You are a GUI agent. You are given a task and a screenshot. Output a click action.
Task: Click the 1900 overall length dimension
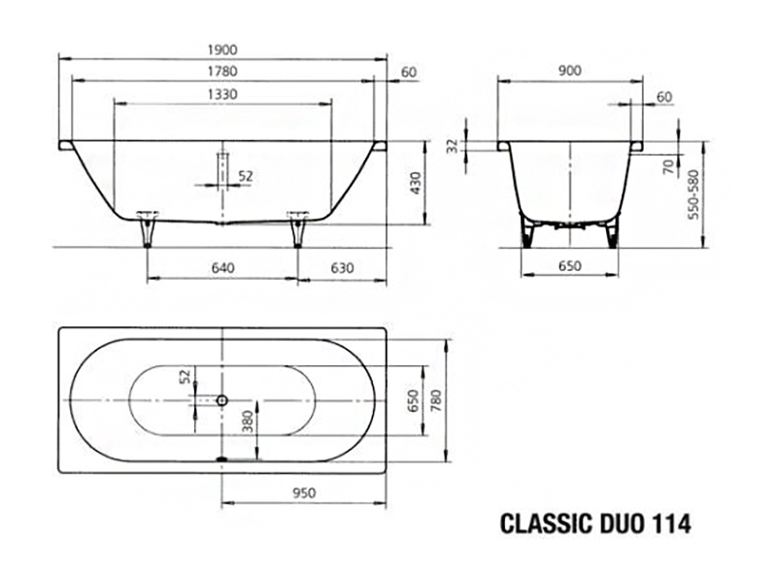click(222, 50)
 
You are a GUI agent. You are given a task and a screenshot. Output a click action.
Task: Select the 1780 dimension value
click(222, 71)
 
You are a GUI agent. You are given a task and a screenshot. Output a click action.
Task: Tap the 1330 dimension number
click(222, 94)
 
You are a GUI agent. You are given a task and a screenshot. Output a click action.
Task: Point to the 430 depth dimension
click(416, 183)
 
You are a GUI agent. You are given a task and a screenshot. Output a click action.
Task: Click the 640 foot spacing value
click(222, 268)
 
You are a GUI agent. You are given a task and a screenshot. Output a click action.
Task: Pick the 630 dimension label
click(343, 268)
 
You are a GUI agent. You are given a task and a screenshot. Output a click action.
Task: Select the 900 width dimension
click(570, 71)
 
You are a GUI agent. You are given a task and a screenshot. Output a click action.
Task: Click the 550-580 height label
click(693, 194)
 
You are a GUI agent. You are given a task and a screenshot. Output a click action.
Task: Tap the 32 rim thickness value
click(453, 147)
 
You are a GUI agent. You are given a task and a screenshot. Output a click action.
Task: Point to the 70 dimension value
click(669, 166)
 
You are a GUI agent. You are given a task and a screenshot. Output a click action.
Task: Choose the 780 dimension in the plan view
click(435, 400)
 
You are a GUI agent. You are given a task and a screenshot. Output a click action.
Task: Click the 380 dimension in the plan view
click(248, 422)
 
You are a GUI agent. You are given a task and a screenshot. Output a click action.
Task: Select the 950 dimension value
click(304, 493)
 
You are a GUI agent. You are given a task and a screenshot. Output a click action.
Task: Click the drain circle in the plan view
click(222, 399)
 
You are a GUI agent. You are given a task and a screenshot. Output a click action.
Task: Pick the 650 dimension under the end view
click(569, 266)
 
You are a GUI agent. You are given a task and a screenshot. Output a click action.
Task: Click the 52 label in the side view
click(246, 176)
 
